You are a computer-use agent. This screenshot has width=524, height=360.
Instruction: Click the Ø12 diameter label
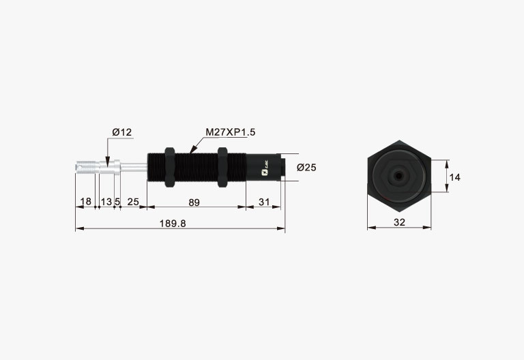122,132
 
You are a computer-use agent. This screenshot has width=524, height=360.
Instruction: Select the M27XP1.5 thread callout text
230,132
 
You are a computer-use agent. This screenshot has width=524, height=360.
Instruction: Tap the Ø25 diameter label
306,167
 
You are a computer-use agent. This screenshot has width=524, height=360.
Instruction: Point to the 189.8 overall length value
173,223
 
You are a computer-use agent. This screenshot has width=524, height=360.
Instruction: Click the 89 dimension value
194,202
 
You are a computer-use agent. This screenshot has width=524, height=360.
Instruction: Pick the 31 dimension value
264,202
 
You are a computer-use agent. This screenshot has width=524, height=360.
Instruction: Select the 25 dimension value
133,202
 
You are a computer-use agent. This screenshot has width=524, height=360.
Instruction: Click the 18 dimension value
86,201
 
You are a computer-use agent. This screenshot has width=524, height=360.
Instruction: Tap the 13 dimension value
106,202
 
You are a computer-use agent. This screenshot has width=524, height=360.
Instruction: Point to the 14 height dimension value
454,177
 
